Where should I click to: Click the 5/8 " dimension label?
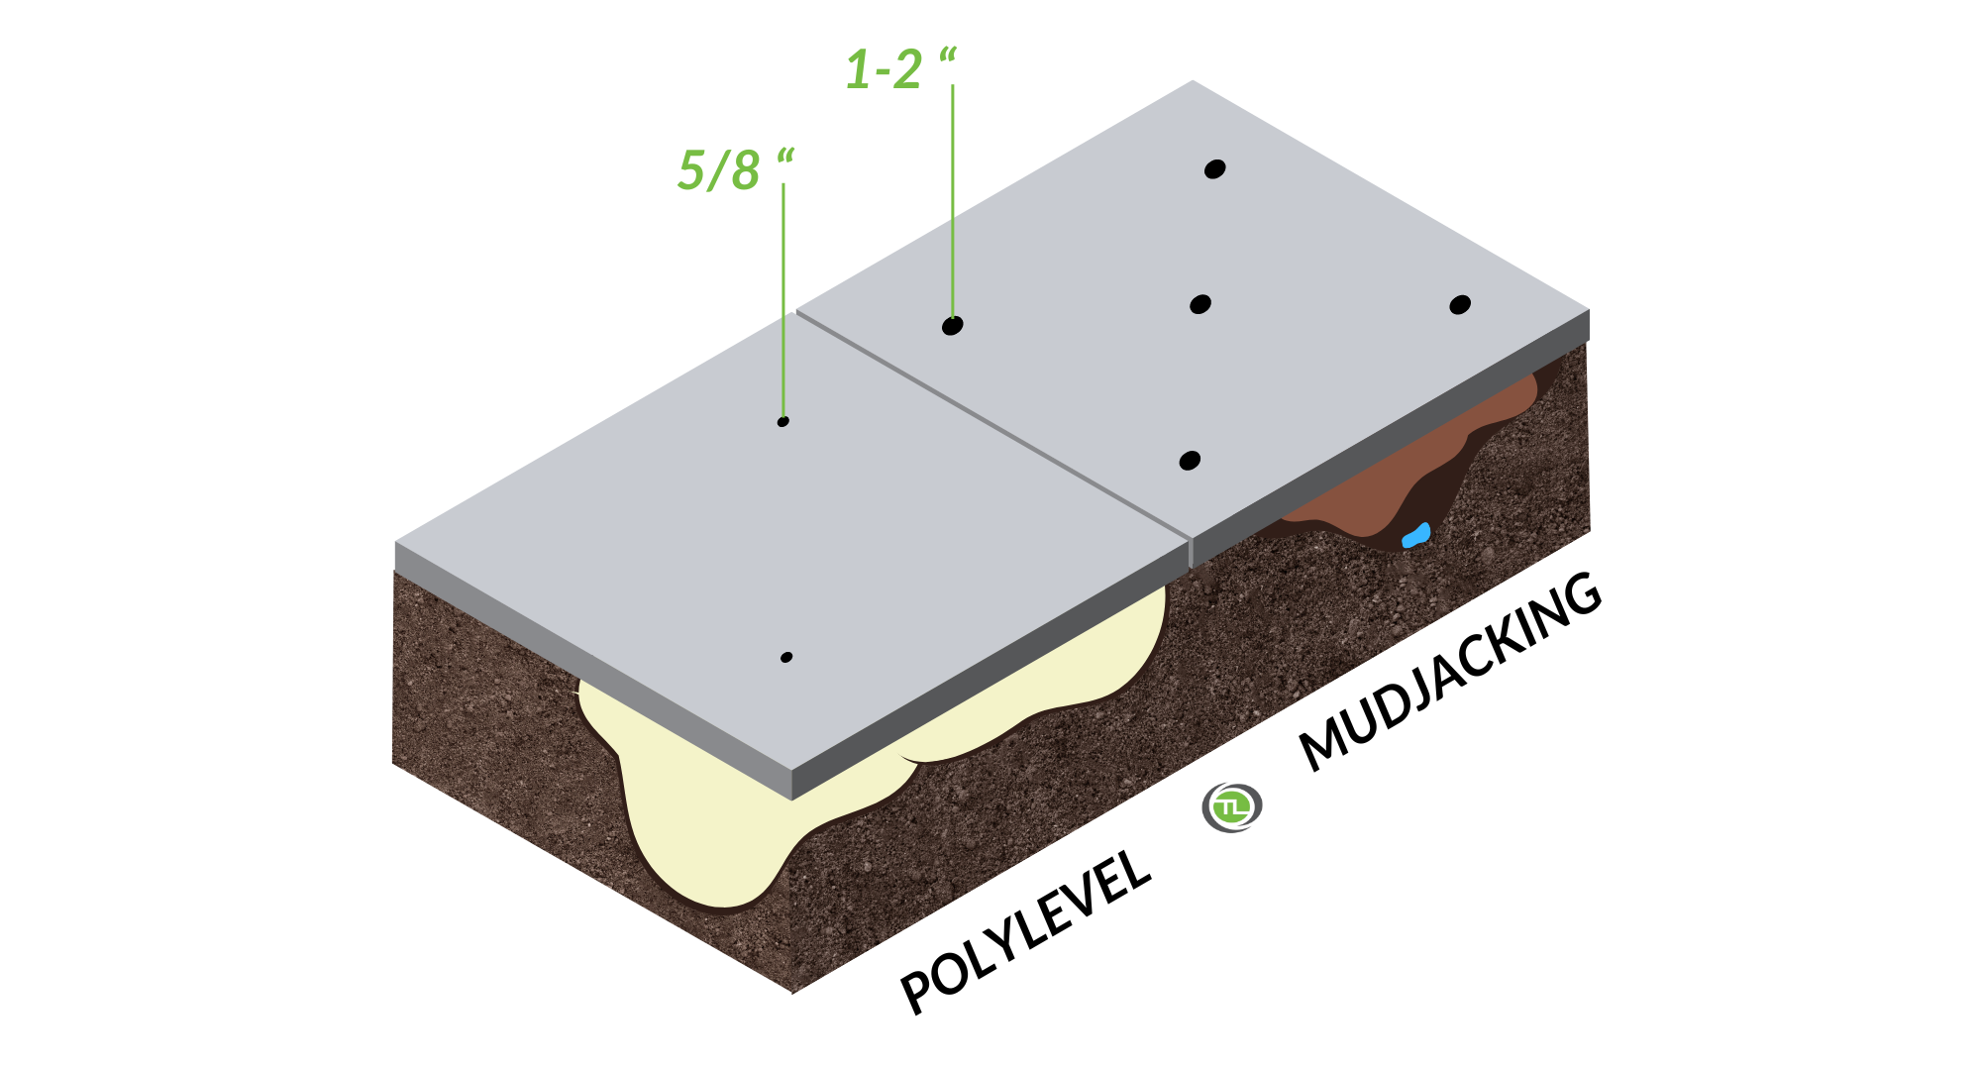(736, 169)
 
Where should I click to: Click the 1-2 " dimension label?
(900, 69)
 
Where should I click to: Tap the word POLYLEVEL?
(1025, 931)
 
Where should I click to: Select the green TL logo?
(1231, 806)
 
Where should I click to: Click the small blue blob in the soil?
(1416, 536)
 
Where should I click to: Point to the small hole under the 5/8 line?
(783, 422)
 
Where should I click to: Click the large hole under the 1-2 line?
(953, 325)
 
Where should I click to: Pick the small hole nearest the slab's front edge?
(786, 657)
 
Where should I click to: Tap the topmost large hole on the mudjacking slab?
(1215, 168)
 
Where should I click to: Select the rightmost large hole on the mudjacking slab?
(1460, 304)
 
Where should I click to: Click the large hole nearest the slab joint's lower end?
(1191, 461)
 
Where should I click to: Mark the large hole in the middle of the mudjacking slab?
(1200, 304)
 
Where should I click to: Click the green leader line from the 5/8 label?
(783, 300)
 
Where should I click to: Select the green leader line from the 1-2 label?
(953, 201)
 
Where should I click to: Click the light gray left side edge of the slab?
(593, 670)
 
